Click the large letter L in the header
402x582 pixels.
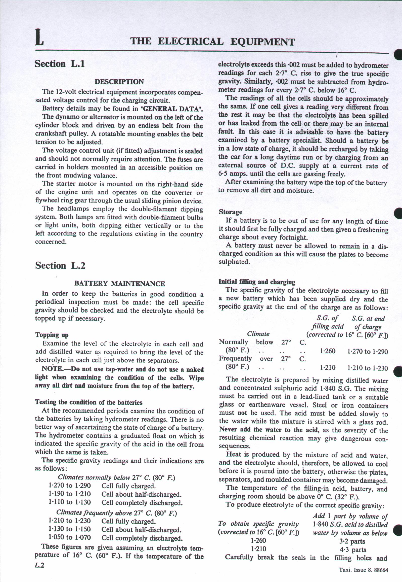coord(39,38)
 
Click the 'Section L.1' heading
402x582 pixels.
coord(60,64)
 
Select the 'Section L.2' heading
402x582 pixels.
coord(60,266)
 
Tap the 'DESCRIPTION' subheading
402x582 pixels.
coord(119,82)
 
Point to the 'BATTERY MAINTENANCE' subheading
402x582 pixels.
coord(119,284)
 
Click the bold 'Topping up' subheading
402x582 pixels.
coord(52,335)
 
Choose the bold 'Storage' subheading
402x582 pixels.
coord(231,212)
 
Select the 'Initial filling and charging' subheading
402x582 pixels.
coord(257,282)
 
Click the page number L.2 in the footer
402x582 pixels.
coord(40,572)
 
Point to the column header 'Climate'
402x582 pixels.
coord(258,334)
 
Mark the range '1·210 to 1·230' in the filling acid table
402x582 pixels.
coord(368,368)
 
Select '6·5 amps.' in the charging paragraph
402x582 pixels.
coord(233,174)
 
